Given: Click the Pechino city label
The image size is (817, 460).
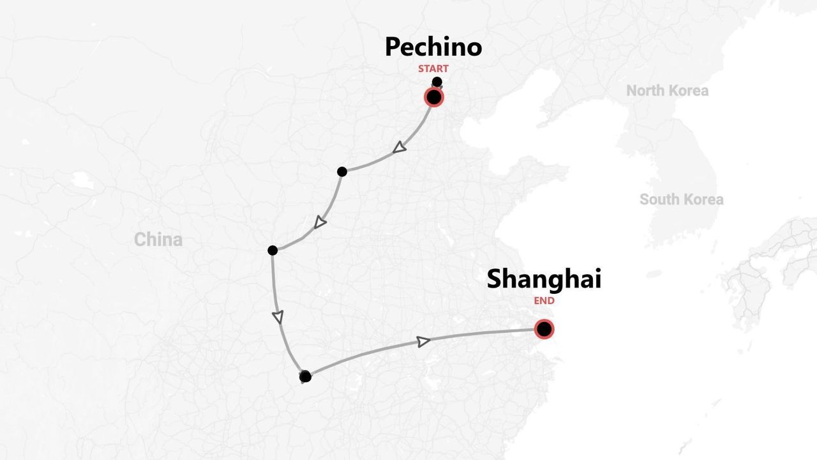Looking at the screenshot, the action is point(433,47).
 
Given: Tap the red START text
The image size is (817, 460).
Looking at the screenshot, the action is point(433,68).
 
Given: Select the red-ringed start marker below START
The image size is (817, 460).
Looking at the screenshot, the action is point(434,98).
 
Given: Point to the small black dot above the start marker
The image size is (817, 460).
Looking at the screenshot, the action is point(437,82).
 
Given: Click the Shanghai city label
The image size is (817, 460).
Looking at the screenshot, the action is point(544,279).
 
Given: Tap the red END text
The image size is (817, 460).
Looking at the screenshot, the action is point(544,301).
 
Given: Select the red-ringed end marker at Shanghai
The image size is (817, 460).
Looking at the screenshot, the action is point(544,329).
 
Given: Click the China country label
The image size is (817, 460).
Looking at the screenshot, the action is point(158,240).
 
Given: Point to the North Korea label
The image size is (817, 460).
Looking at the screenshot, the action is point(667,91).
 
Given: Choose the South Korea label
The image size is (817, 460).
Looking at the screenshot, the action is point(681,199).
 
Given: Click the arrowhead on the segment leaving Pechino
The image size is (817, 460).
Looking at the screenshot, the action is point(399,148).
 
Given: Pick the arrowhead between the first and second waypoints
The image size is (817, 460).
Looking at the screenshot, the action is point(320,222).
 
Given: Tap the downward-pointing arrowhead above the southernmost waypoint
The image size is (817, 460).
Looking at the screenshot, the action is point(278,317).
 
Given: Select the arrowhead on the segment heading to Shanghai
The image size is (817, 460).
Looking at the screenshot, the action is point(423,342).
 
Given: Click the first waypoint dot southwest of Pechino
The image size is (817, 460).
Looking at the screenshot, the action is point(342,171).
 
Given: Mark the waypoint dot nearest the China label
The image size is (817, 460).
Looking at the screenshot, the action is point(273,250).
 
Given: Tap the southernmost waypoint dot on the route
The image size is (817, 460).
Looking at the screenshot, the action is point(305,376).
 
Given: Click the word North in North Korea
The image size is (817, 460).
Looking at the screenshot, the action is point(645,91).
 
